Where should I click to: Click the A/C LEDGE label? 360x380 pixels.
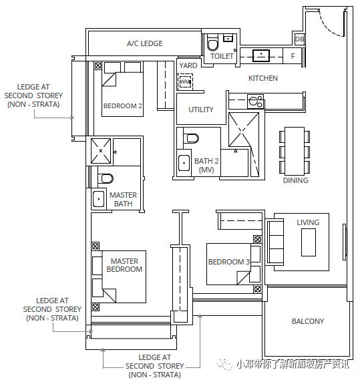coord(144,43)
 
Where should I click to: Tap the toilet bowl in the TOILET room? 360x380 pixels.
coord(213,43)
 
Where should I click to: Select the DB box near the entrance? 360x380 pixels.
coord(299,39)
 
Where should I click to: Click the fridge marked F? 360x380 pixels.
coord(293,56)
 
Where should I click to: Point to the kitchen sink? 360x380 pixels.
coord(261,55)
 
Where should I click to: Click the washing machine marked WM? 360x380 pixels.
coord(185,81)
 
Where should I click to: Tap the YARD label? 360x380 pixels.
coord(188,65)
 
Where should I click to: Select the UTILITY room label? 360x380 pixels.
coord(201,110)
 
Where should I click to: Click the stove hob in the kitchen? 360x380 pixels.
coord(256,102)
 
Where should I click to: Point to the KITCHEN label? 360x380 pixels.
coord(263,78)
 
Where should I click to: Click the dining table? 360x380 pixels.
coord(295,152)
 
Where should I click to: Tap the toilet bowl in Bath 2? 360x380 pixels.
coord(192,138)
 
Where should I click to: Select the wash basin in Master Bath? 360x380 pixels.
coord(99,199)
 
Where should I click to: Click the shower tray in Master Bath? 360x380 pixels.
coord(101,151)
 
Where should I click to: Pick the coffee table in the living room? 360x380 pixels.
coord(309,242)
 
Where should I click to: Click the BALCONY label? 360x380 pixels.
coord(308,321)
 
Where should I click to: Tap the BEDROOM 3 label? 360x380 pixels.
coord(228,262)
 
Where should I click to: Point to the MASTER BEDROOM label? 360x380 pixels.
coord(124,265)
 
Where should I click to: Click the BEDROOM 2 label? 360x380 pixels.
coord(122,106)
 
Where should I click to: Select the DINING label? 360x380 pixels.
coord(295,180)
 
